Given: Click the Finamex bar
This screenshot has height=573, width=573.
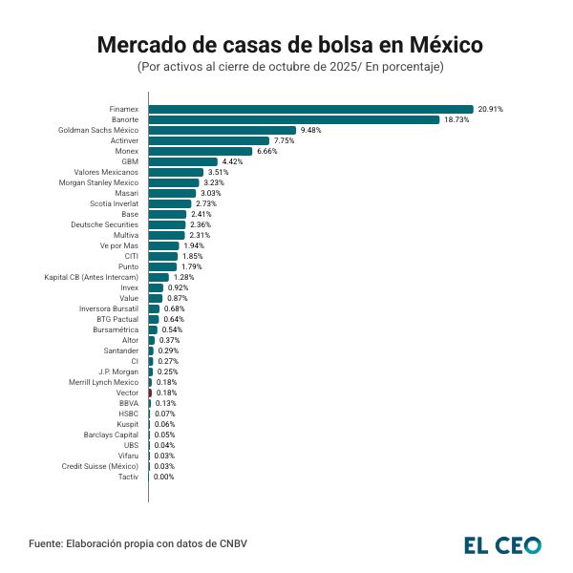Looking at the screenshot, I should click(310, 109).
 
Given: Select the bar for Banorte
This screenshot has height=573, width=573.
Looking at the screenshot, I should click(293, 119).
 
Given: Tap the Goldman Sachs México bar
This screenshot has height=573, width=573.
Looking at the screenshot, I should click(222, 130).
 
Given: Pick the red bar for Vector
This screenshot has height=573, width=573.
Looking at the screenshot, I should click(150, 393).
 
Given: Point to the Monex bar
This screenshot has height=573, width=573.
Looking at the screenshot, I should click(201, 151).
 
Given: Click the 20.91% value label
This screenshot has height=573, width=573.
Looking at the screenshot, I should click(491, 109).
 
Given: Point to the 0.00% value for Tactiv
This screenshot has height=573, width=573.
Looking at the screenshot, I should click(163, 477).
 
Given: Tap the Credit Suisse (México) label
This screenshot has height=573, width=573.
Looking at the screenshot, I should click(100, 466).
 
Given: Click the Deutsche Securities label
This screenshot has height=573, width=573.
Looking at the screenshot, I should click(104, 224).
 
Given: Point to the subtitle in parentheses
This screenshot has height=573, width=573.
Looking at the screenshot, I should click(290, 67).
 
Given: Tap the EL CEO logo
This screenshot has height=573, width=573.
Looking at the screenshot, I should click(502, 544).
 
